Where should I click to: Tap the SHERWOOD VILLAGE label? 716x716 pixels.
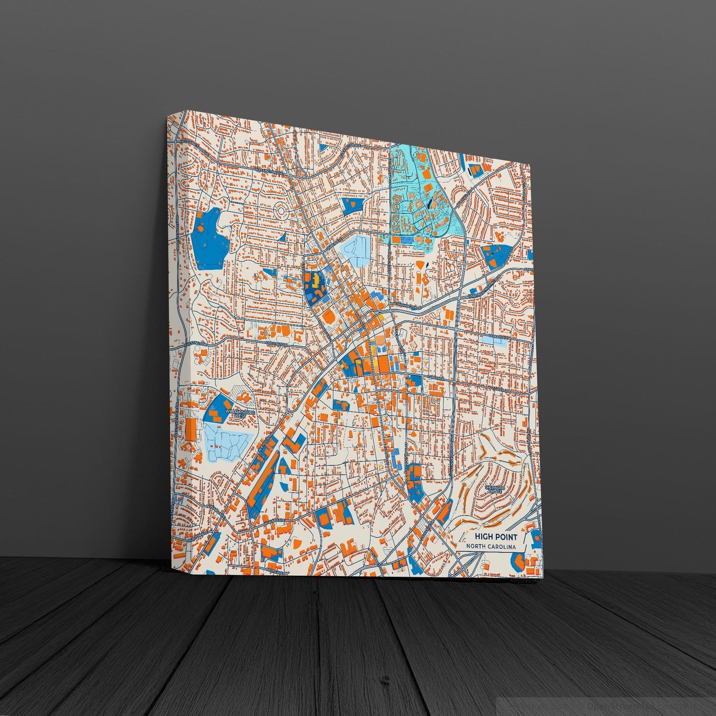(494, 489)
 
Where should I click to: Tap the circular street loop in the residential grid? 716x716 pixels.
(282, 212)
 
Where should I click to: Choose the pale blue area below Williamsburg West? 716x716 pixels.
(225, 441)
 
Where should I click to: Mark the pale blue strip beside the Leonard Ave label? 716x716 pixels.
(498, 342)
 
